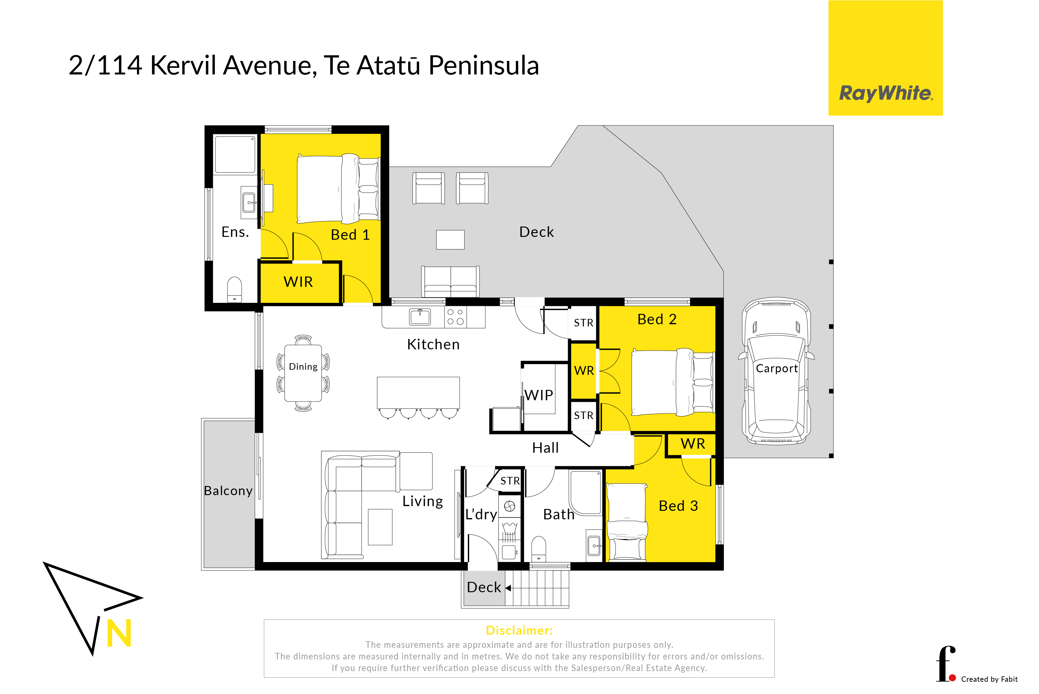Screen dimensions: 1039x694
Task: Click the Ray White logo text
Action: pyautogui.click(x=886, y=93)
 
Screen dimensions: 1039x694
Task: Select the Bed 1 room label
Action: pyautogui.click(x=350, y=235)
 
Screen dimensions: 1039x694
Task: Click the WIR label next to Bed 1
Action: pyautogui.click(x=298, y=282)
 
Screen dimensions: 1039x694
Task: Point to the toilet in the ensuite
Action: pyautogui.click(x=234, y=289)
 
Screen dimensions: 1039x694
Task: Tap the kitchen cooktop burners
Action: pyautogui.click(x=455, y=317)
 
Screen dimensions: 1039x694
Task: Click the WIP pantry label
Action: pyautogui.click(x=539, y=395)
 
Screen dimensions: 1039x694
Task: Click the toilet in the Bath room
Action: pyautogui.click(x=539, y=549)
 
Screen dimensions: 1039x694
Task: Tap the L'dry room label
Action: pyautogui.click(x=481, y=514)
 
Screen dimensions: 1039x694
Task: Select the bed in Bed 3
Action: pyautogui.click(x=627, y=522)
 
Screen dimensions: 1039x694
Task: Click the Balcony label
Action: pyautogui.click(x=228, y=491)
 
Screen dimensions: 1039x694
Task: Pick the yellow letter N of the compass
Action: pyautogui.click(x=119, y=633)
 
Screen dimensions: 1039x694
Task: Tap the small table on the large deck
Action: pyautogui.click(x=450, y=239)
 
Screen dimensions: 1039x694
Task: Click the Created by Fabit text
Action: pyautogui.click(x=989, y=679)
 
